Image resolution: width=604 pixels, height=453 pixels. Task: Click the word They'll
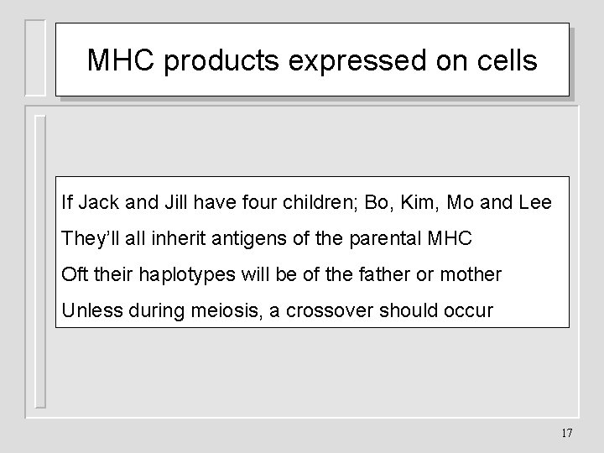[89, 238]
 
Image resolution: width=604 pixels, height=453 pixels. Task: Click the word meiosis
[198, 310]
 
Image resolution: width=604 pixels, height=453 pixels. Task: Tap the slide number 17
[565, 433]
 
